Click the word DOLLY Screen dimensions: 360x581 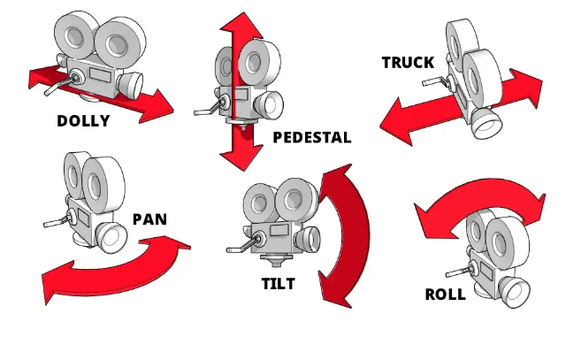tap(83, 121)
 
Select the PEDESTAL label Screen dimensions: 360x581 tap(312, 137)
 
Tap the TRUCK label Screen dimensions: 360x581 tap(408, 63)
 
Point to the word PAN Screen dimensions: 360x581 tap(150, 218)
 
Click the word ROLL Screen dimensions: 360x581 tap(445, 295)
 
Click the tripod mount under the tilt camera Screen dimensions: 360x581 tap(274, 264)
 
